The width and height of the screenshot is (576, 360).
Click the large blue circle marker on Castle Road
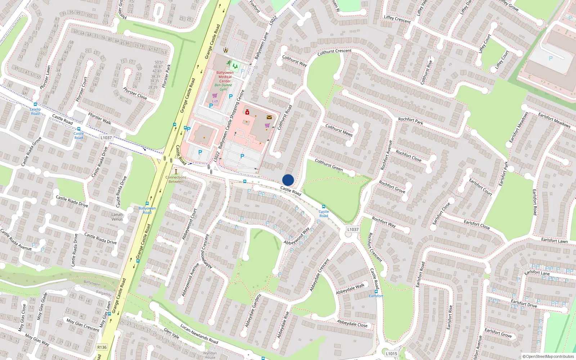coord(288,180)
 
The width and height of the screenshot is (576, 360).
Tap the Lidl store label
coord(215,101)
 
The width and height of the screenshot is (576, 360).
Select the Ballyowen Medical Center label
coord(225,77)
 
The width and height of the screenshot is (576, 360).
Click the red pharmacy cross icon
coord(247,113)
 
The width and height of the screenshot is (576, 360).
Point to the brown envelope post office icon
coord(269,117)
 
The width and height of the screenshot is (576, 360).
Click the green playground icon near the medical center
coord(235,66)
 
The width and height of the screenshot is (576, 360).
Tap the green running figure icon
coord(229,63)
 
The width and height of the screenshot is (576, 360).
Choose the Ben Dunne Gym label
coord(223,87)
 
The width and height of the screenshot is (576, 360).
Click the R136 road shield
coord(102,347)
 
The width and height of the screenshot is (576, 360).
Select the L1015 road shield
coord(391,354)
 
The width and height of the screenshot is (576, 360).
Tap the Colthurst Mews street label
coord(339,130)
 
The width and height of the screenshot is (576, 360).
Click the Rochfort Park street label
coord(410,121)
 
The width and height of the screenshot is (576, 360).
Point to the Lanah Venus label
coord(117,217)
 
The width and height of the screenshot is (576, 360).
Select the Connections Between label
coord(176,179)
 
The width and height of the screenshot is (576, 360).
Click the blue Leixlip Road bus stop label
coord(35,111)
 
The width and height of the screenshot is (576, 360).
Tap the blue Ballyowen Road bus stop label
coord(147,210)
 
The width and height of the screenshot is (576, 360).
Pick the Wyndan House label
coord(210,355)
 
